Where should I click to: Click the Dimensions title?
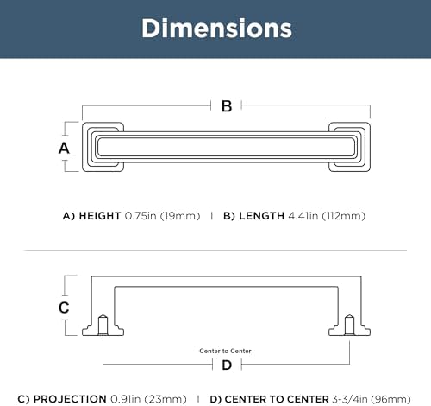pyautogui.click(x=216, y=29)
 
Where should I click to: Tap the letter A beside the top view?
pyautogui.click(x=64, y=149)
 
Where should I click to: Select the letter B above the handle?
pyautogui.click(x=227, y=106)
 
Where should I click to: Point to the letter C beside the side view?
pyautogui.click(x=64, y=308)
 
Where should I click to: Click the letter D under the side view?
pyautogui.click(x=227, y=365)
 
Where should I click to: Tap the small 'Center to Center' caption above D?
pyautogui.click(x=225, y=351)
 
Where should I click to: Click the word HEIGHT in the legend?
pyautogui.click(x=100, y=216)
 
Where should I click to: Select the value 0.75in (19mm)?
pyautogui.click(x=162, y=216)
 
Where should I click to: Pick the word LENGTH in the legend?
pyautogui.click(x=261, y=216)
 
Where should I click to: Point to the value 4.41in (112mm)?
pyautogui.click(x=327, y=216)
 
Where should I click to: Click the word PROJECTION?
pyautogui.click(x=70, y=399)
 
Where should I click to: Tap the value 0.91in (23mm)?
pyautogui.click(x=148, y=399)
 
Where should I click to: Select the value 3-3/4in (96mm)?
pyautogui.click(x=372, y=399)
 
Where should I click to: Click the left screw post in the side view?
pyautogui.click(x=103, y=326)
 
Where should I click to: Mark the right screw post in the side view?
pyautogui.click(x=349, y=326)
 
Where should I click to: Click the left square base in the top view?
pyautogui.click(x=103, y=147)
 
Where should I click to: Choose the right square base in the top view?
pyautogui.click(x=349, y=147)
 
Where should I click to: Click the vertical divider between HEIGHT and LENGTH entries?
pyautogui.click(x=212, y=216)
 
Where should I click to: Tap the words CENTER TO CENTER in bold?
pyautogui.click(x=277, y=399)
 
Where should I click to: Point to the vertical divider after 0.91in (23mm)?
pyautogui.click(x=198, y=399)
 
